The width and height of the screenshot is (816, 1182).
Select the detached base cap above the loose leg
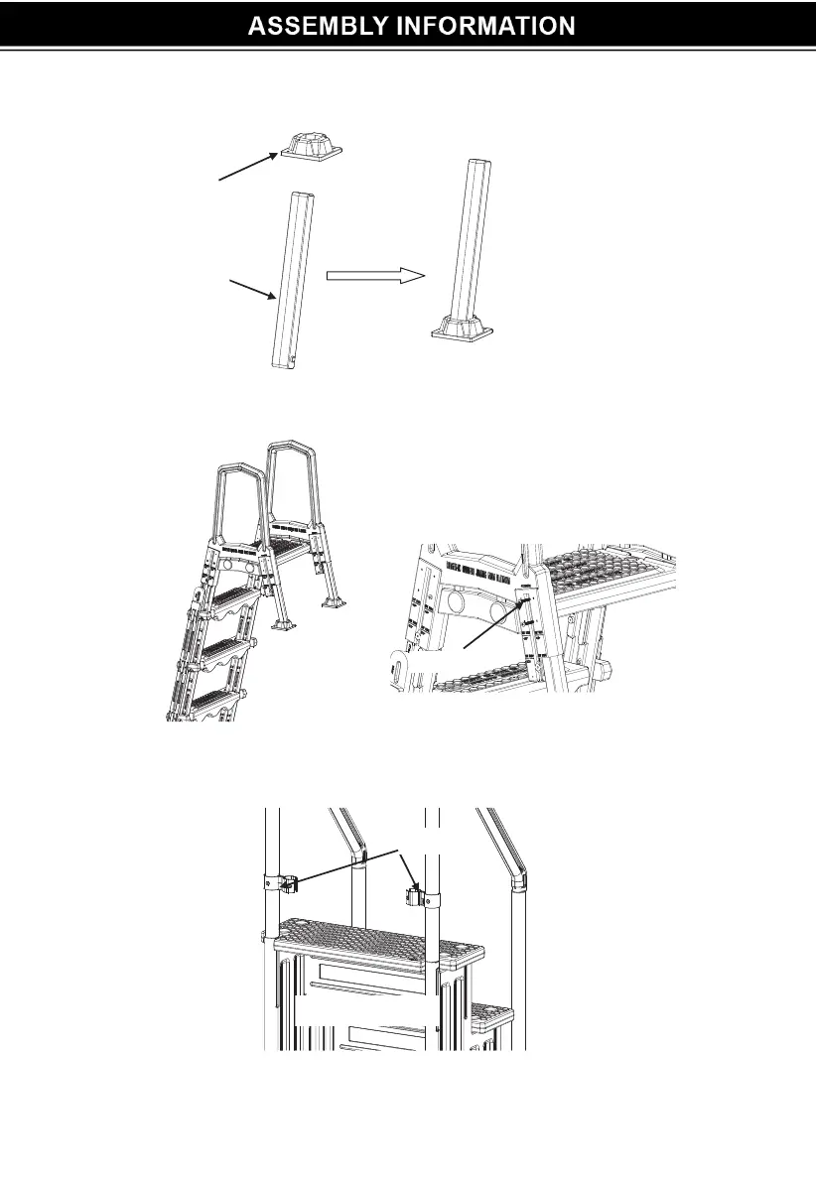pos(310,147)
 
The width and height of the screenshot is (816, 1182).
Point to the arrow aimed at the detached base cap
pos(247,168)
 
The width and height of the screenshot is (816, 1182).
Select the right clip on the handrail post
pos(416,896)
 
